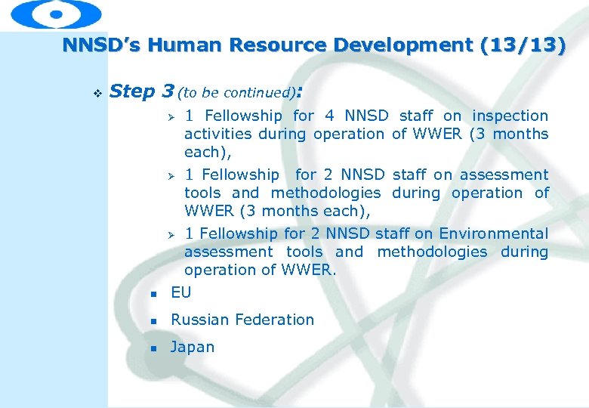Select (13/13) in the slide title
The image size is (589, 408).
pyautogui.click(x=522, y=45)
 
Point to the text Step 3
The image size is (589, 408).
pyautogui.click(x=142, y=91)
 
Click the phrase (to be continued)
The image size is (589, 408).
pyautogui.click(x=237, y=93)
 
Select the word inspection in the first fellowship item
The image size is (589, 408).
pyautogui.click(x=510, y=116)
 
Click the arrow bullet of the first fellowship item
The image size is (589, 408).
pyautogui.click(x=171, y=116)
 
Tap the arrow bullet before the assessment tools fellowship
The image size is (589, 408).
pyautogui.click(x=171, y=175)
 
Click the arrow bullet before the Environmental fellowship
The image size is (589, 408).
pyautogui.click(x=171, y=234)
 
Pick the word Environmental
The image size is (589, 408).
pyautogui.click(x=493, y=233)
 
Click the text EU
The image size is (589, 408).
pyautogui.click(x=181, y=292)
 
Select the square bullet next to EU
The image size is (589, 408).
pyautogui.click(x=153, y=294)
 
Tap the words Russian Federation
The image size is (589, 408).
pyautogui.click(x=242, y=320)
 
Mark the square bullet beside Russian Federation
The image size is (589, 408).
pyautogui.click(x=153, y=321)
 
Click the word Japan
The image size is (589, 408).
pyautogui.click(x=193, y=348)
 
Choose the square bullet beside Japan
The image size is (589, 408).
pyautogui.click(x=153, y=348)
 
